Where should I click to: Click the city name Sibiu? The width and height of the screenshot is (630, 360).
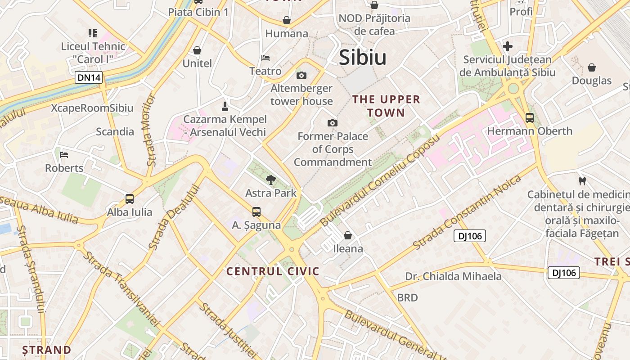pyautogui.click(x=362, y=58)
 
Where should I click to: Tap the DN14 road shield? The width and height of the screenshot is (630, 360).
pyautogui.click(x=89, y=78)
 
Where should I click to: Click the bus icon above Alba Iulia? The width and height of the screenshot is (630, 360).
pyautogui.click(x=130, y=198)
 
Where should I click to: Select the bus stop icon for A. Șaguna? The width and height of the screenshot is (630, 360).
pyautogui.click(x=256, y=211)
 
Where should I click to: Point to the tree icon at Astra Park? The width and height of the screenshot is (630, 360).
pyautogui.click(x=270, y=180)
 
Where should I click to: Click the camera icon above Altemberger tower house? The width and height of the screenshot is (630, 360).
pyautogui.click(x=301, y=75)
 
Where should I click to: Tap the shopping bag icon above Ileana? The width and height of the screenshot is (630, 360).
pyautogui.click(x=348, y=235)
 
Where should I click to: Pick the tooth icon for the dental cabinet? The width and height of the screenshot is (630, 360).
pyautogui.click(x=582, y=181)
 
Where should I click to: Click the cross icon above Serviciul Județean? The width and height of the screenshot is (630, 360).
pyautogui.click(x=508, y=46)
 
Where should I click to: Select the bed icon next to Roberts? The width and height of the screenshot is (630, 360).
pyautogui.click(x=64, y=155)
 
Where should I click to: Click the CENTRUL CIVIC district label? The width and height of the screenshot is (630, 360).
pyautogui.click(x=273, y=271)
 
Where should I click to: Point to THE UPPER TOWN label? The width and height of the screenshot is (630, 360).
pyautogui.click(x=386, y=106)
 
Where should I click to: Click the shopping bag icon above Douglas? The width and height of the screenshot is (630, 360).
pyautogui.click(x=591, y=67)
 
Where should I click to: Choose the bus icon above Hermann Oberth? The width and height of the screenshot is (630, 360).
pyautogui.click(x=530, y=118)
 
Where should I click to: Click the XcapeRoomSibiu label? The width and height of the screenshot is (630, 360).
pyautogui.click(x=92, y=108)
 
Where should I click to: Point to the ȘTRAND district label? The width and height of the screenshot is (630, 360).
pyautogui.click(x=47, y=350)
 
